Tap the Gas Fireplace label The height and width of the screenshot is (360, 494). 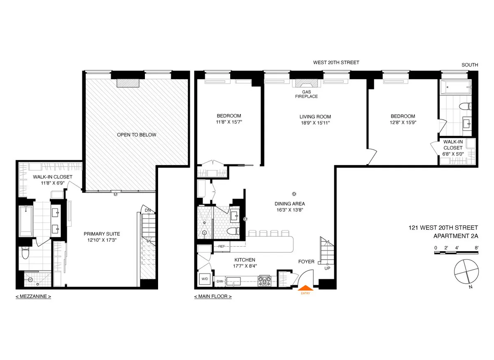point(306,94)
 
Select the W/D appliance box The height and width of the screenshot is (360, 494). point(205,278)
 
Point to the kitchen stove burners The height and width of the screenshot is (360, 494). point(264,281)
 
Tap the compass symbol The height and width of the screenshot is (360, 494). point(466,273)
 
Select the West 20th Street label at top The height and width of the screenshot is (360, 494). point(336,63)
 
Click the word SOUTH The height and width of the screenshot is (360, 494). point(469,65)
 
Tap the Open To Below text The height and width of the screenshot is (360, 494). point(136,135)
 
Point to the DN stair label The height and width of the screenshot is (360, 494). point(147,211)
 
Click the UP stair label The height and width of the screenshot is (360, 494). point(327,268)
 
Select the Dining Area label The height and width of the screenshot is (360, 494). point(290,203)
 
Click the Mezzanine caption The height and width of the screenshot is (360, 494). point(33,296)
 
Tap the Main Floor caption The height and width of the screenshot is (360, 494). point(212,296)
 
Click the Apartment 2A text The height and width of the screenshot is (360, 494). point(456,236)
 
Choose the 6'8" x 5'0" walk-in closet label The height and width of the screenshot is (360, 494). point(453,154)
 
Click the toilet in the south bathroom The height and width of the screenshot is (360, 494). point(466,106)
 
